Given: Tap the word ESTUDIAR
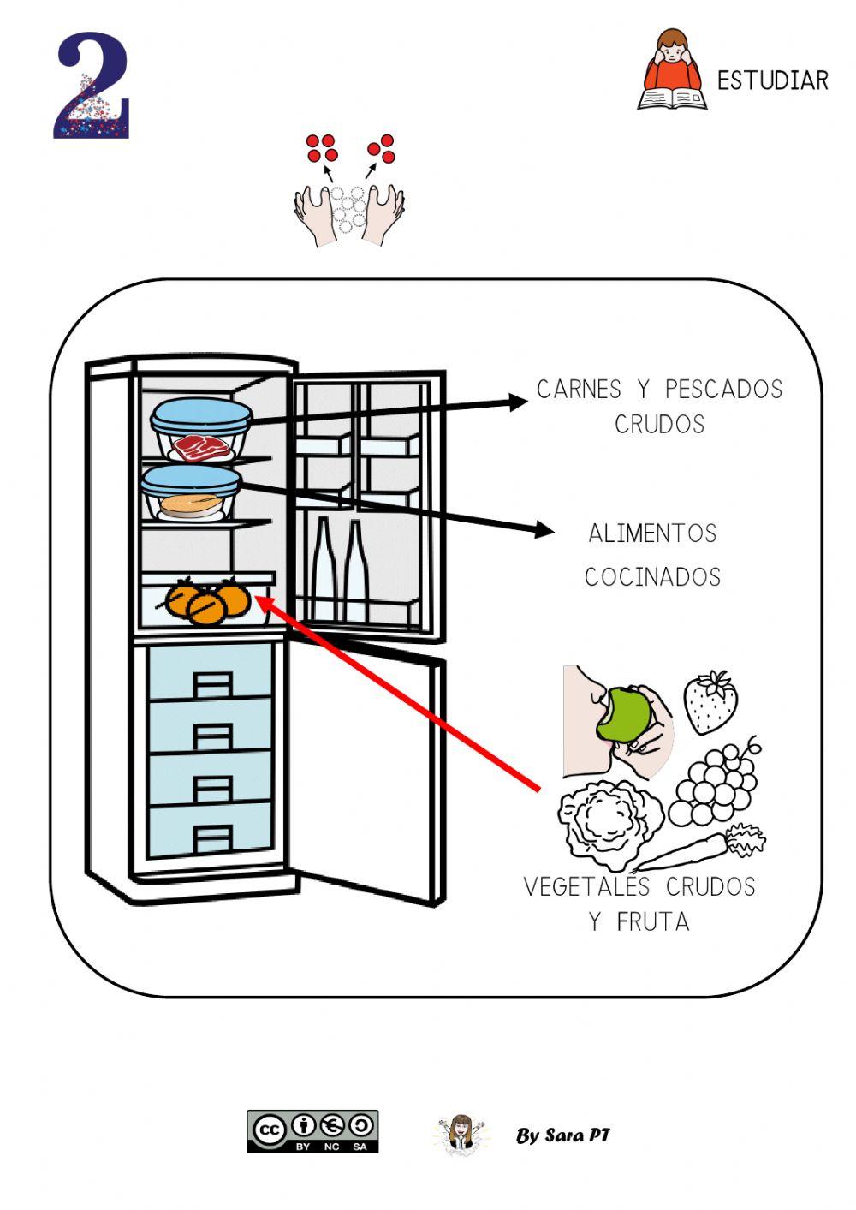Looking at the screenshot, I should (x=772, y=81).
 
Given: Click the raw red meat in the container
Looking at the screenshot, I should (x=201, y=447).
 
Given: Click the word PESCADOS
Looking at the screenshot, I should (x=723, y=390).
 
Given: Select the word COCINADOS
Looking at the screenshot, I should (x=652, y=577).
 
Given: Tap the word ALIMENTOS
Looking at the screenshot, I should (x=652, y=533).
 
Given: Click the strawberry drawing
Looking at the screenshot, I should (x=710, y=701).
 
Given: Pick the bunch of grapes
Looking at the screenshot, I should (x=716, y=784).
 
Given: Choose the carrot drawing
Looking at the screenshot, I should (x=702, y=849).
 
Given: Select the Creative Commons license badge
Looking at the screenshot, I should (x=312, y=1131).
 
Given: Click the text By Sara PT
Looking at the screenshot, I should (x=563, y=1135).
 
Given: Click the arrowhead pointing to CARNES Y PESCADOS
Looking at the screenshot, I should (x=519, y=401).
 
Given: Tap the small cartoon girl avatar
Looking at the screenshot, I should (x=461, y=1134).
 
